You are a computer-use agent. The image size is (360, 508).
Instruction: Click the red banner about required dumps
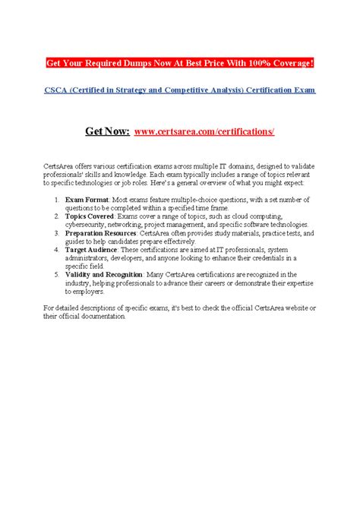(179, 62)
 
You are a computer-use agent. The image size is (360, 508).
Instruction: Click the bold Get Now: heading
(107, 131)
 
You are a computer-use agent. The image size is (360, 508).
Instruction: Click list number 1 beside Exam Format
(57, 199)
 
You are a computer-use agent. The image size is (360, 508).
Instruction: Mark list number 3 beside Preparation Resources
(57, 234)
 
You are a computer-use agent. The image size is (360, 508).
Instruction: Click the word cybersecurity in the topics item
(89, 225)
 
